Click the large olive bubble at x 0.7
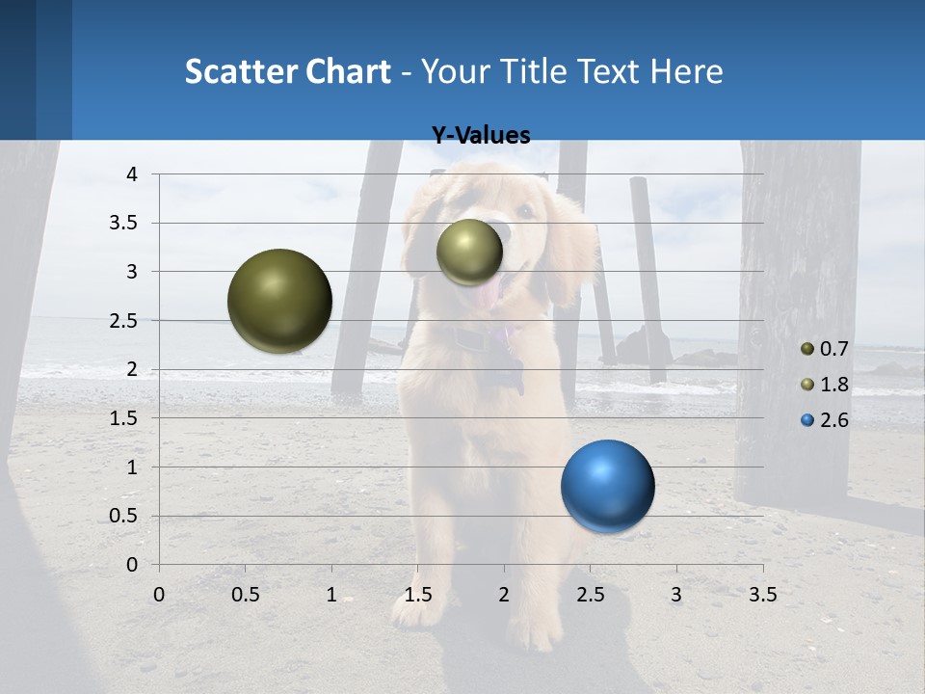[279, 301]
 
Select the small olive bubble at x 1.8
[469, 253]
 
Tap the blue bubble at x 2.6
[607, 486]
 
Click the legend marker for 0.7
[807, 348]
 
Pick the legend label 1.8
[833, 385]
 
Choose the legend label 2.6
[833, 420]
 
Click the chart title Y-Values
[480, 136]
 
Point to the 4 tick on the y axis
[132, 174]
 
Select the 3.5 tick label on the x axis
[762, 595]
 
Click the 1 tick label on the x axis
[331, 595]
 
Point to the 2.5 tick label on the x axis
[590, 595]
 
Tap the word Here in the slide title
[686, 71]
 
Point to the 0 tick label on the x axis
[159, 595]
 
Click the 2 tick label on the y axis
[132, 369]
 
